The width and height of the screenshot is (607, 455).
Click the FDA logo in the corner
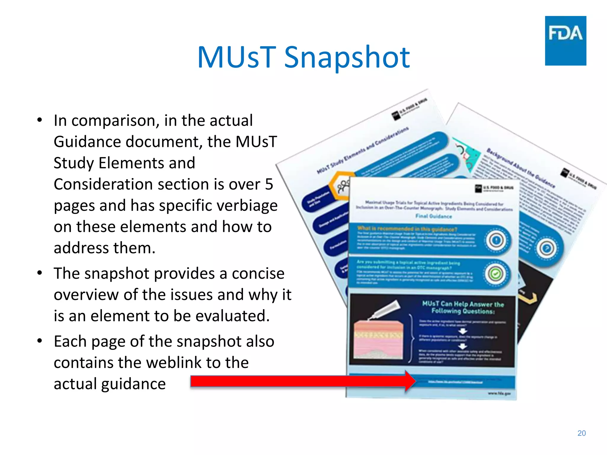[565, 41]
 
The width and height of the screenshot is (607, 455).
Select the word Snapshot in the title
[347, 58]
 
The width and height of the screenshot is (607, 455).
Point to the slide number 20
[582, 433]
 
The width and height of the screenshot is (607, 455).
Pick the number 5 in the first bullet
[269, 184]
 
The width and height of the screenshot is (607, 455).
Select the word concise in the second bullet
[258, 273]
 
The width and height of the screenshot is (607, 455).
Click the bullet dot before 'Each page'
[40, 341]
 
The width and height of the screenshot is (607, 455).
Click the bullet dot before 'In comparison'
[40, 120]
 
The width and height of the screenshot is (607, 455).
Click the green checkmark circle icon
[495, 274]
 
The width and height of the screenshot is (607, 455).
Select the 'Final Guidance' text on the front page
[433, 216]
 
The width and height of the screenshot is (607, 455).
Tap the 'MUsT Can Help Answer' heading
[463, 307]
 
